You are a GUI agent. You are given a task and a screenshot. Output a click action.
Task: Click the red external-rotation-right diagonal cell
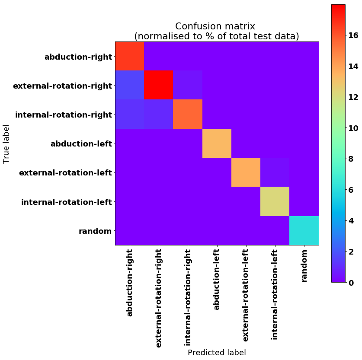(158, 85)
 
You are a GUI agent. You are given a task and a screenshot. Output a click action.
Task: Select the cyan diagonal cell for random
(304, 230)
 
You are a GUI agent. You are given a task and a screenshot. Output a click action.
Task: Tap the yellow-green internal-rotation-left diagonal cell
(275, 201)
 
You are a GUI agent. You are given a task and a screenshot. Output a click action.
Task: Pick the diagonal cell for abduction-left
(217, 143)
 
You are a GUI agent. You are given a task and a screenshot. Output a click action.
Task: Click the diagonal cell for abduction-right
(129, 56)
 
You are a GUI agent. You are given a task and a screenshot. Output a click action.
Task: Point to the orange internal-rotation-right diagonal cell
(187, 114)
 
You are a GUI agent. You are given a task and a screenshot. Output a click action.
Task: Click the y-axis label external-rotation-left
(65, 173)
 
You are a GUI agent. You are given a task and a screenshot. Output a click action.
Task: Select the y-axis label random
(95, 231)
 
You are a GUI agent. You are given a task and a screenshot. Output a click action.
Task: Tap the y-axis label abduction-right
(78, 57)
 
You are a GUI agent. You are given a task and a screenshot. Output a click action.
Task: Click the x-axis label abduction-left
(217, 279)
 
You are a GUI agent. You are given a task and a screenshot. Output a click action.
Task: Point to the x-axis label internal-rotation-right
(188, 297)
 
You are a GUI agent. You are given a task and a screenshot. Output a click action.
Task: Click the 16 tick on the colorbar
(353, 35)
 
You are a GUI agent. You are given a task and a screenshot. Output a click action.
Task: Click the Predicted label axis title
(217, 352)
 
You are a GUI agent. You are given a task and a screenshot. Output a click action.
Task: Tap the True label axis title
(6, 143)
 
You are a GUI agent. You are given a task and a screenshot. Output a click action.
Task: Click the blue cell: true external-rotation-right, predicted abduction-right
(129, 85)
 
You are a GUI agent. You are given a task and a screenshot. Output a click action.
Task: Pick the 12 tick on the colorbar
(353, 97)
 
